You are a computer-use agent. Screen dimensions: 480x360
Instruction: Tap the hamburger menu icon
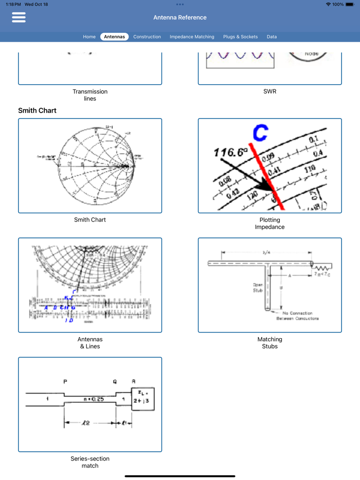[19, 17]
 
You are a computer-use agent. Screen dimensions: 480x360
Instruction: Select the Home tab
[89, 36]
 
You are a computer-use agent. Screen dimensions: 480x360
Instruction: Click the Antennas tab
[114, 36]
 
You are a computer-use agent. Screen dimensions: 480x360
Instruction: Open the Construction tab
[147, 36]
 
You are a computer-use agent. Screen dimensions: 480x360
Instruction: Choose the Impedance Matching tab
[192, 36]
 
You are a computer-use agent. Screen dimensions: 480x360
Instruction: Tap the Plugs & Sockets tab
[240, 36]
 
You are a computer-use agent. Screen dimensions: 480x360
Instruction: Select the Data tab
[272, 36]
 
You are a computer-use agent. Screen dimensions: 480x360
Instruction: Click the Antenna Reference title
[180, 17]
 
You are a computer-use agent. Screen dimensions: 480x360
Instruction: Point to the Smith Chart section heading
[38, 110]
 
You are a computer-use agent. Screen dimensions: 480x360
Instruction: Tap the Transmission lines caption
[90, 95]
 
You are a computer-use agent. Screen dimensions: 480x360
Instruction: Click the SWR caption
[269, 91]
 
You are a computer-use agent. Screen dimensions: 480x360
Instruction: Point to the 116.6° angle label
[230, 153]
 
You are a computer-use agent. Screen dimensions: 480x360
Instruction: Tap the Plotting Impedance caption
[269, 224]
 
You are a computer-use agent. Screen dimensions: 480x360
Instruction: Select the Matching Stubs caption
[269, 343]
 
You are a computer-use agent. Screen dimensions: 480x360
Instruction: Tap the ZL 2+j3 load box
[142, 398]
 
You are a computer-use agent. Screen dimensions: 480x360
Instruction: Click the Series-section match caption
[90, 462]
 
